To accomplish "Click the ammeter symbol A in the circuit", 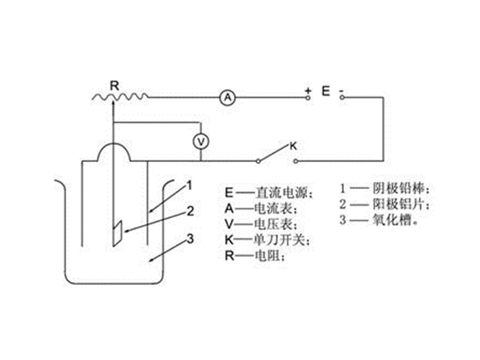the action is pyautogui.click(x=227, y=98).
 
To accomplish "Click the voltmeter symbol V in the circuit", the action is pyautogui.click(x=201, y=142).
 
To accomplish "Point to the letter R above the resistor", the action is pyautogui.click(x=115, y=86).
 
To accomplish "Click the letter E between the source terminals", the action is pyautogui.click(x=326, y=91).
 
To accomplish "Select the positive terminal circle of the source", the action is pyautogui.click(x=308, y=98).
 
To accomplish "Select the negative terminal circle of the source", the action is pyautogui.click(x=342, y=98).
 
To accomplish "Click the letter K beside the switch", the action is pyautogui.click(x=293, y=146).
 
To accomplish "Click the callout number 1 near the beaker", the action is pyautogui.click(x=190, y=185).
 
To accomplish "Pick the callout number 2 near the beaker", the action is pyautogui.click(x=190, y=211).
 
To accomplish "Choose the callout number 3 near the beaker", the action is pyautogui.click(x=190, y=239).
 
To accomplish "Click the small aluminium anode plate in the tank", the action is pyautogui.click(x=117, y=233).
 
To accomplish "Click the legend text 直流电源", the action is pyautogui.click(x=280, y=193).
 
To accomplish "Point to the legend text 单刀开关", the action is pyautogui.click(x=279, y=239).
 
